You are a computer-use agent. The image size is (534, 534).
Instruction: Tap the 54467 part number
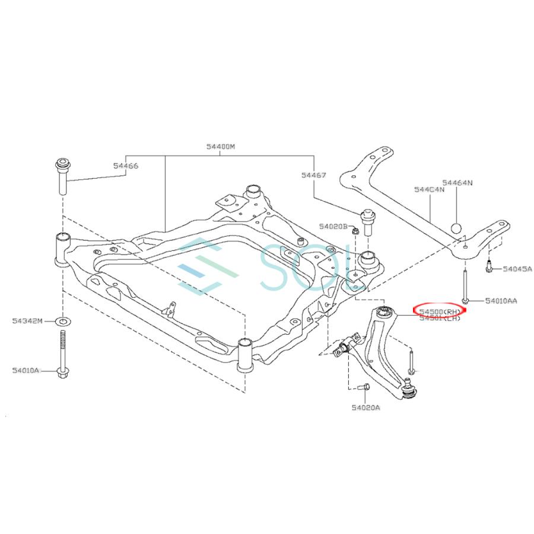click(x=313, y=175)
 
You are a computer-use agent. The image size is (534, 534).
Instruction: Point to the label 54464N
click(x=456, y=183)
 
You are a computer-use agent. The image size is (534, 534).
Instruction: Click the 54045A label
click(x=518, y=269)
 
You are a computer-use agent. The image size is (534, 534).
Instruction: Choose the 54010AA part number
click(x=501, y=301)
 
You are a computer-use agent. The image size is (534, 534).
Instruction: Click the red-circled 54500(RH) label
click(x=440, y=311)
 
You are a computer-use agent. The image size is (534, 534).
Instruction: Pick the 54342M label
click(x=27, y=321)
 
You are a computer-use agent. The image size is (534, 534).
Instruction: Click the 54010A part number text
click(x=25, y=370)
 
